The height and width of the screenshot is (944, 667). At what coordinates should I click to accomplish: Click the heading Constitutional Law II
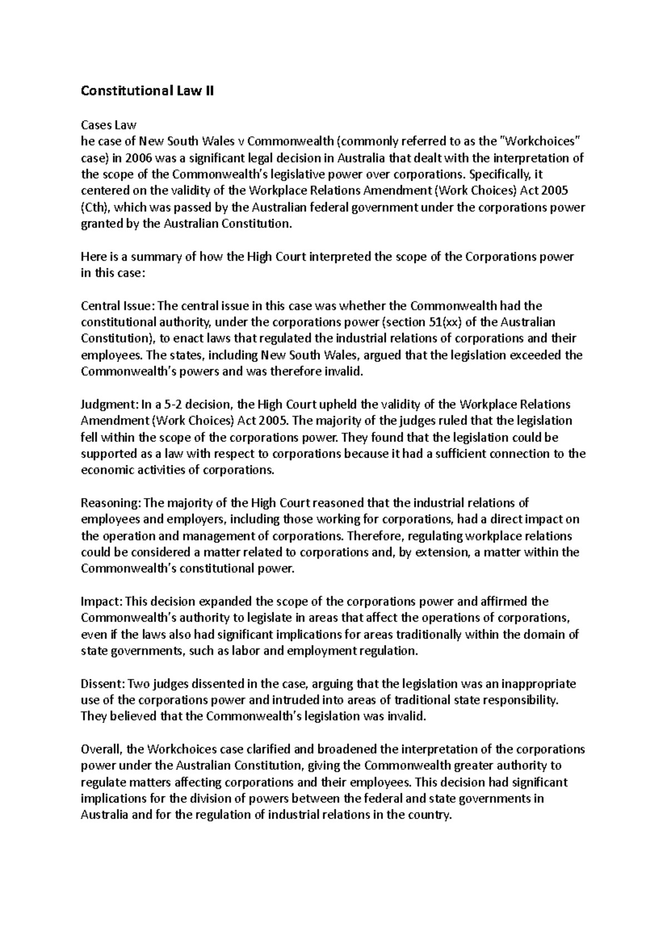pyautogui.click(x=147, y=91)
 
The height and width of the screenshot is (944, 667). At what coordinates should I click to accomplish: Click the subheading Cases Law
pyautogui.click(x=108, y=125)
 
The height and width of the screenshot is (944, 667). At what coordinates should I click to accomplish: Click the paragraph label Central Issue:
pyautogui.click(x=118, y=306)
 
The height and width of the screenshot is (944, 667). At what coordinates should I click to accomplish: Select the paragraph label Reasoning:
pyautogui.click(x=111, y=503)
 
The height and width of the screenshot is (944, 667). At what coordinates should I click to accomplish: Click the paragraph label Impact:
pyautogui.click(x=102, y=602)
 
